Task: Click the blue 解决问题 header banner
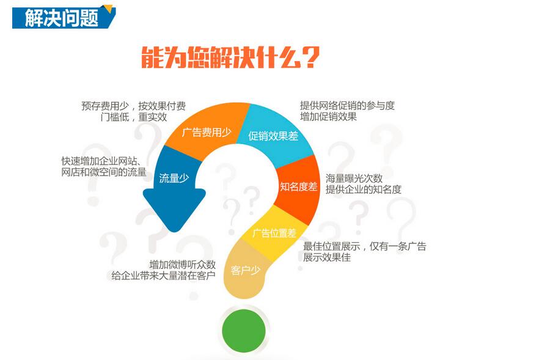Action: [x=63, y=17]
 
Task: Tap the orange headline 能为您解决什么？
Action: [x=230, y=57]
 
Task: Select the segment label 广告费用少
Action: [x=207, y=132]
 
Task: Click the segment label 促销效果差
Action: [x=273, y=136]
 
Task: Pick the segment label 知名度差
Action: [x=298, y=186]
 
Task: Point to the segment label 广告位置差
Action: [x=274, y=233]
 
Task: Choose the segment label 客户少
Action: [x=246, y=270]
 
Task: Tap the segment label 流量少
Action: [x=174, y=178]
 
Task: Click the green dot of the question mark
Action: [x=244, y=331]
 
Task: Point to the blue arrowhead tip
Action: [x=174, y=232]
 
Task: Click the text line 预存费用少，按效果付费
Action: [x=134, y=106]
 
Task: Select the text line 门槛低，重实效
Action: [x=134, y=117]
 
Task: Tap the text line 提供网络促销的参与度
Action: [x=347, y=105]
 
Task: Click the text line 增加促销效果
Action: [x=328, y=117]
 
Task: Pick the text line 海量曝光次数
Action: [x=354, y=178]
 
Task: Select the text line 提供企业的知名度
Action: [x=364, y=189]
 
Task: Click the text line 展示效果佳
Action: [x=327, y=257]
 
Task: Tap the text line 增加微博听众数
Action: [x=182, y=264]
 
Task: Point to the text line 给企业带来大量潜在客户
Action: [x=163, y=276]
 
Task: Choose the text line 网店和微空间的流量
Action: [x=104, y=172]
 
